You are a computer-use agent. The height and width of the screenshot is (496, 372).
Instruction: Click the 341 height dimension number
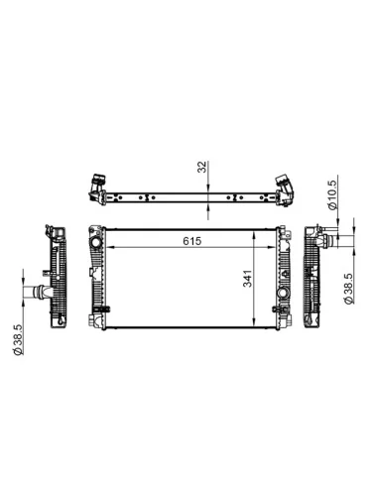pos(249,282)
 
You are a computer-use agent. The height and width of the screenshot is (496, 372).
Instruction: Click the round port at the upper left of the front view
pos(96,244)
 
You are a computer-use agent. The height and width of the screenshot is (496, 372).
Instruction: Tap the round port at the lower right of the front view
pos(284,299)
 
